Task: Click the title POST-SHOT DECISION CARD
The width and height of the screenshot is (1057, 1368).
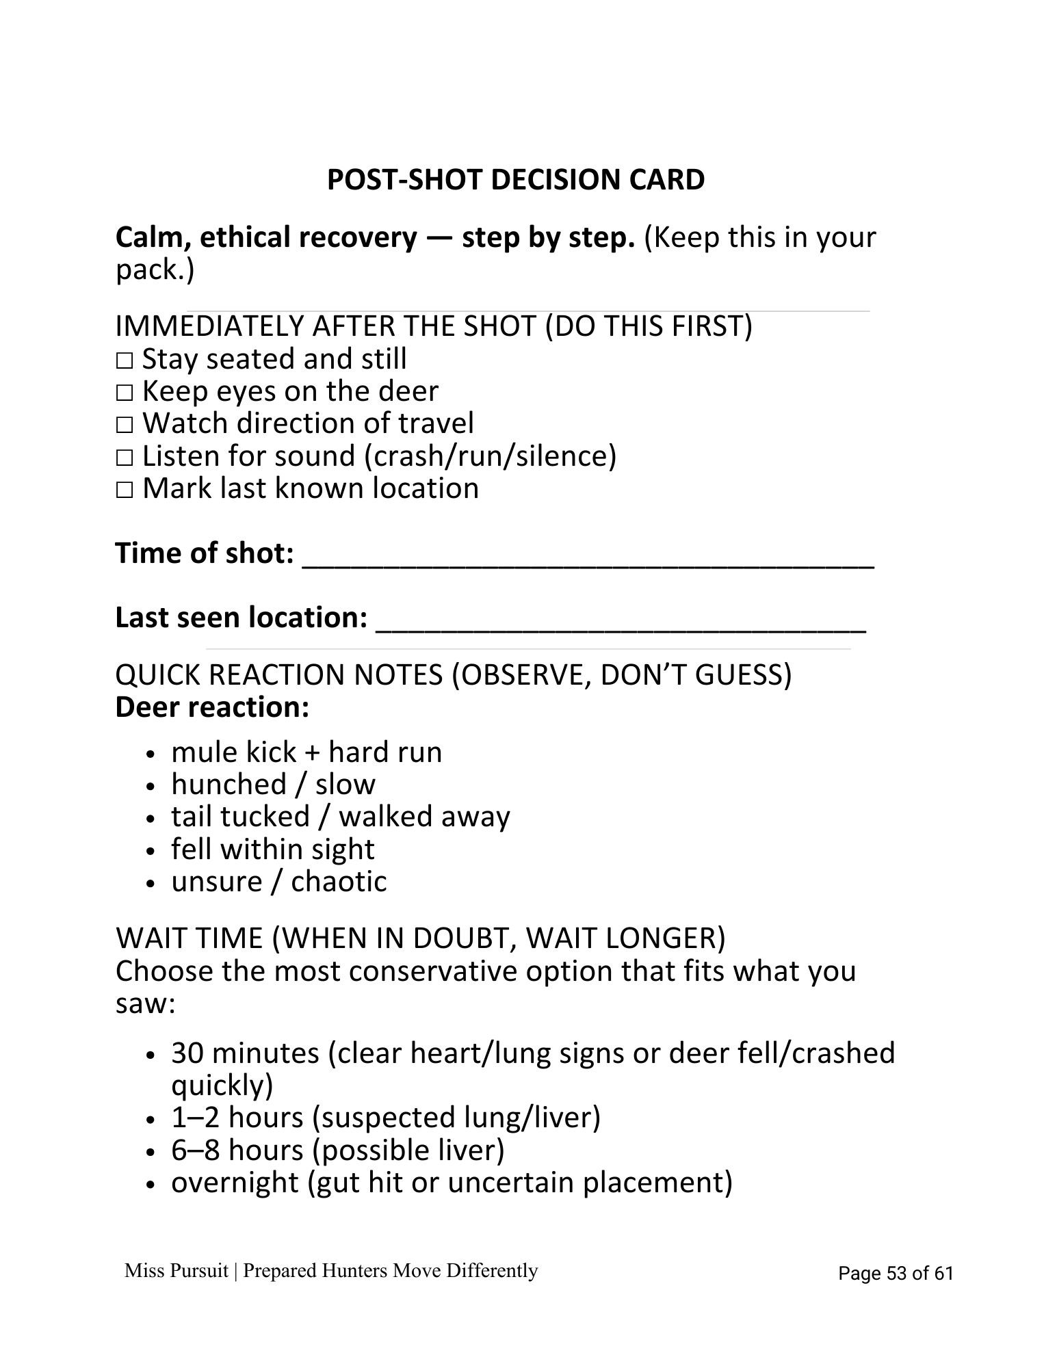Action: (515, 180)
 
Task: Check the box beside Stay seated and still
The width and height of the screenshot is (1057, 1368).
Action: (124, 360)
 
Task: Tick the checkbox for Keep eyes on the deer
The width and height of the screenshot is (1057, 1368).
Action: (124, 393)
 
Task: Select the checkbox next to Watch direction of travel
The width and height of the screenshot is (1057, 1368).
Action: (124, 425)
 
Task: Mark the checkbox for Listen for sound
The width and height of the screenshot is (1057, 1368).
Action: (124, 457)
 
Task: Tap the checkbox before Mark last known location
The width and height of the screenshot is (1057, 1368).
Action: (124, 490)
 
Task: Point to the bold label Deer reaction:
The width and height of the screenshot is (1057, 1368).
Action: (212, 707)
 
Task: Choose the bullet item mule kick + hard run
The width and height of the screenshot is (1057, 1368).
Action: (306, 752)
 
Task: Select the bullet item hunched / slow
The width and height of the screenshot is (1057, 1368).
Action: (273, 785)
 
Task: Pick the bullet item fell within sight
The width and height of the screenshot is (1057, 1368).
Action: (272, 850)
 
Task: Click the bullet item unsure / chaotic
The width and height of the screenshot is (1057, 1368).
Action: (278, 882)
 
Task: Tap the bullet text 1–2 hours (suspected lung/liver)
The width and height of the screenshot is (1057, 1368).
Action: (385, 1118)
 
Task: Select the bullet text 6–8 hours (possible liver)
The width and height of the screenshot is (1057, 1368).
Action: (337, 1150)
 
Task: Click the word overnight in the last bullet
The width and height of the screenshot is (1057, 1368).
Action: (235, 1183)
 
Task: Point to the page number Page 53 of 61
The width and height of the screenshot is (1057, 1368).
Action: (896, 1273)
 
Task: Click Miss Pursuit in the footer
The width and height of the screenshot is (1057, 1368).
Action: (176, 1271)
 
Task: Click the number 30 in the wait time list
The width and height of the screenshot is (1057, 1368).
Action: (187, 1053)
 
